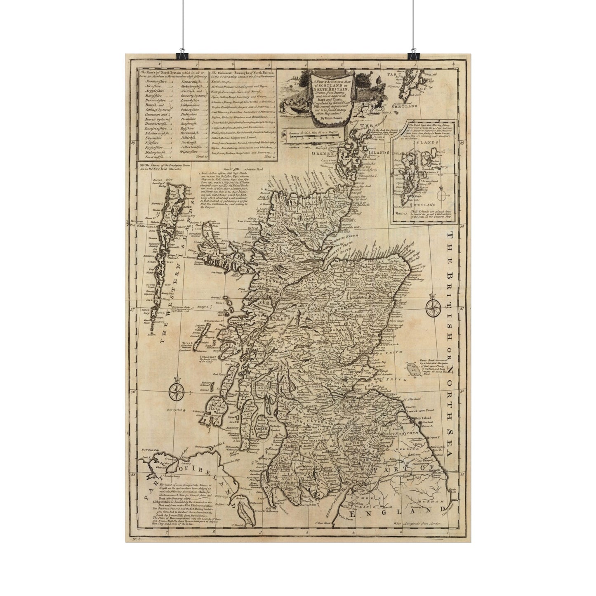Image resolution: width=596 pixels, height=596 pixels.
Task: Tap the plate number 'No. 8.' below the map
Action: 133,537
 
